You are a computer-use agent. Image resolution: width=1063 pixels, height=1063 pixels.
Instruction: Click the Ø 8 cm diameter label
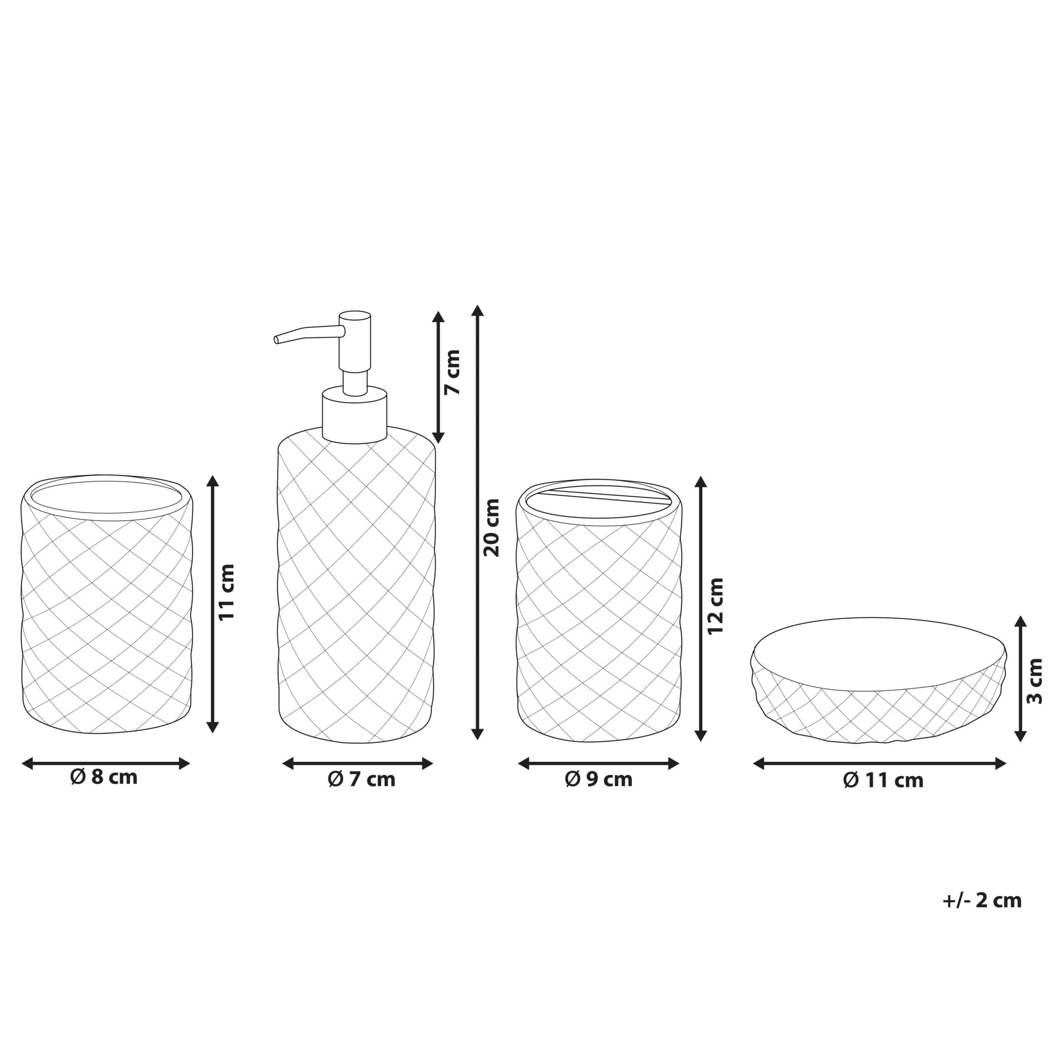click(104, 777)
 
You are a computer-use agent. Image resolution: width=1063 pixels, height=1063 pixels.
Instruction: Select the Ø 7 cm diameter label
click(361, 780)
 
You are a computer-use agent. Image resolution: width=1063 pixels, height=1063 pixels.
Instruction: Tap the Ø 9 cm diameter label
click(599, 780)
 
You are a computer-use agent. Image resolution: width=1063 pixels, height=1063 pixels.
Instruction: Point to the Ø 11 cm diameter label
click(883, 780)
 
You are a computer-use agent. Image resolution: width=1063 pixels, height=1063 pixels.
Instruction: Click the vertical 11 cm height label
click(227, 592)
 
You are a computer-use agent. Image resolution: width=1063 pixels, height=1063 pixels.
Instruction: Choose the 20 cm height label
click(491, 527)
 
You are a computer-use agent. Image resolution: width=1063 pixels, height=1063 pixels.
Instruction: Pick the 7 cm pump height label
click(452, 373)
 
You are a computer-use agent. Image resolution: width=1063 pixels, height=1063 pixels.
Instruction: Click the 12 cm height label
click(715, 606)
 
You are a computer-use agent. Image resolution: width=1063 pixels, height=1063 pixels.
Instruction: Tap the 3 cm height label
click(1035, 680)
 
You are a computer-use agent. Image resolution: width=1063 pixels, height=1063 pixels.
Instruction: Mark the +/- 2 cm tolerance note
click(982, 900)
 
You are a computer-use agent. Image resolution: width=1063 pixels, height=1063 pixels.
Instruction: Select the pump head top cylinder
click(354, 341)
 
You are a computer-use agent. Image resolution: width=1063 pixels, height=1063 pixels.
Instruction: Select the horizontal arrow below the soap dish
click(879, 764)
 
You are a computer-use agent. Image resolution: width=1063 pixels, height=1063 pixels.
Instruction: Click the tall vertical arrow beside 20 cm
click(478, 523)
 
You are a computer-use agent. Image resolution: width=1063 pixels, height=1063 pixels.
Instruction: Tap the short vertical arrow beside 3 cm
click(1020, 679)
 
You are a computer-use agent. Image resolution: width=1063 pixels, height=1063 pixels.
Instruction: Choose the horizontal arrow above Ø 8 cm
click(106, 764)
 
